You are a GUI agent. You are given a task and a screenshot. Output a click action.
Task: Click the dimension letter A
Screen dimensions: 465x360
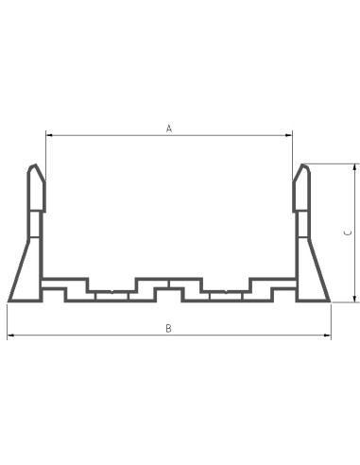coord(169,128)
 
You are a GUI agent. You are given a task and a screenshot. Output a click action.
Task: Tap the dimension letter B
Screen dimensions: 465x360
coord(168,328)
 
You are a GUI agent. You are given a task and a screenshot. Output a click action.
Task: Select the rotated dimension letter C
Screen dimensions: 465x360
coord(347,232)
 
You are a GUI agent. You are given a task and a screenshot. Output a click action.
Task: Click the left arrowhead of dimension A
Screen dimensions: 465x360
coord(48,135)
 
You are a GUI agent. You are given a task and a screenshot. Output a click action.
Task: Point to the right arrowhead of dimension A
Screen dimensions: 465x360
coord(289,135)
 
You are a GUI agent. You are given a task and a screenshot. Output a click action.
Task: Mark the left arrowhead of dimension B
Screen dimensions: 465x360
coord(9,336)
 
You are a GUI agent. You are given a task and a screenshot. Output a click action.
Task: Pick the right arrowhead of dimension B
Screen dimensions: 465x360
coord(329,336)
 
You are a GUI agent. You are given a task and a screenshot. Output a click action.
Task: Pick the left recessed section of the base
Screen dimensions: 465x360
coord(111,295)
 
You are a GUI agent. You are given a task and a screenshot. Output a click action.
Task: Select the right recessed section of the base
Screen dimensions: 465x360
coord(227,295)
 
